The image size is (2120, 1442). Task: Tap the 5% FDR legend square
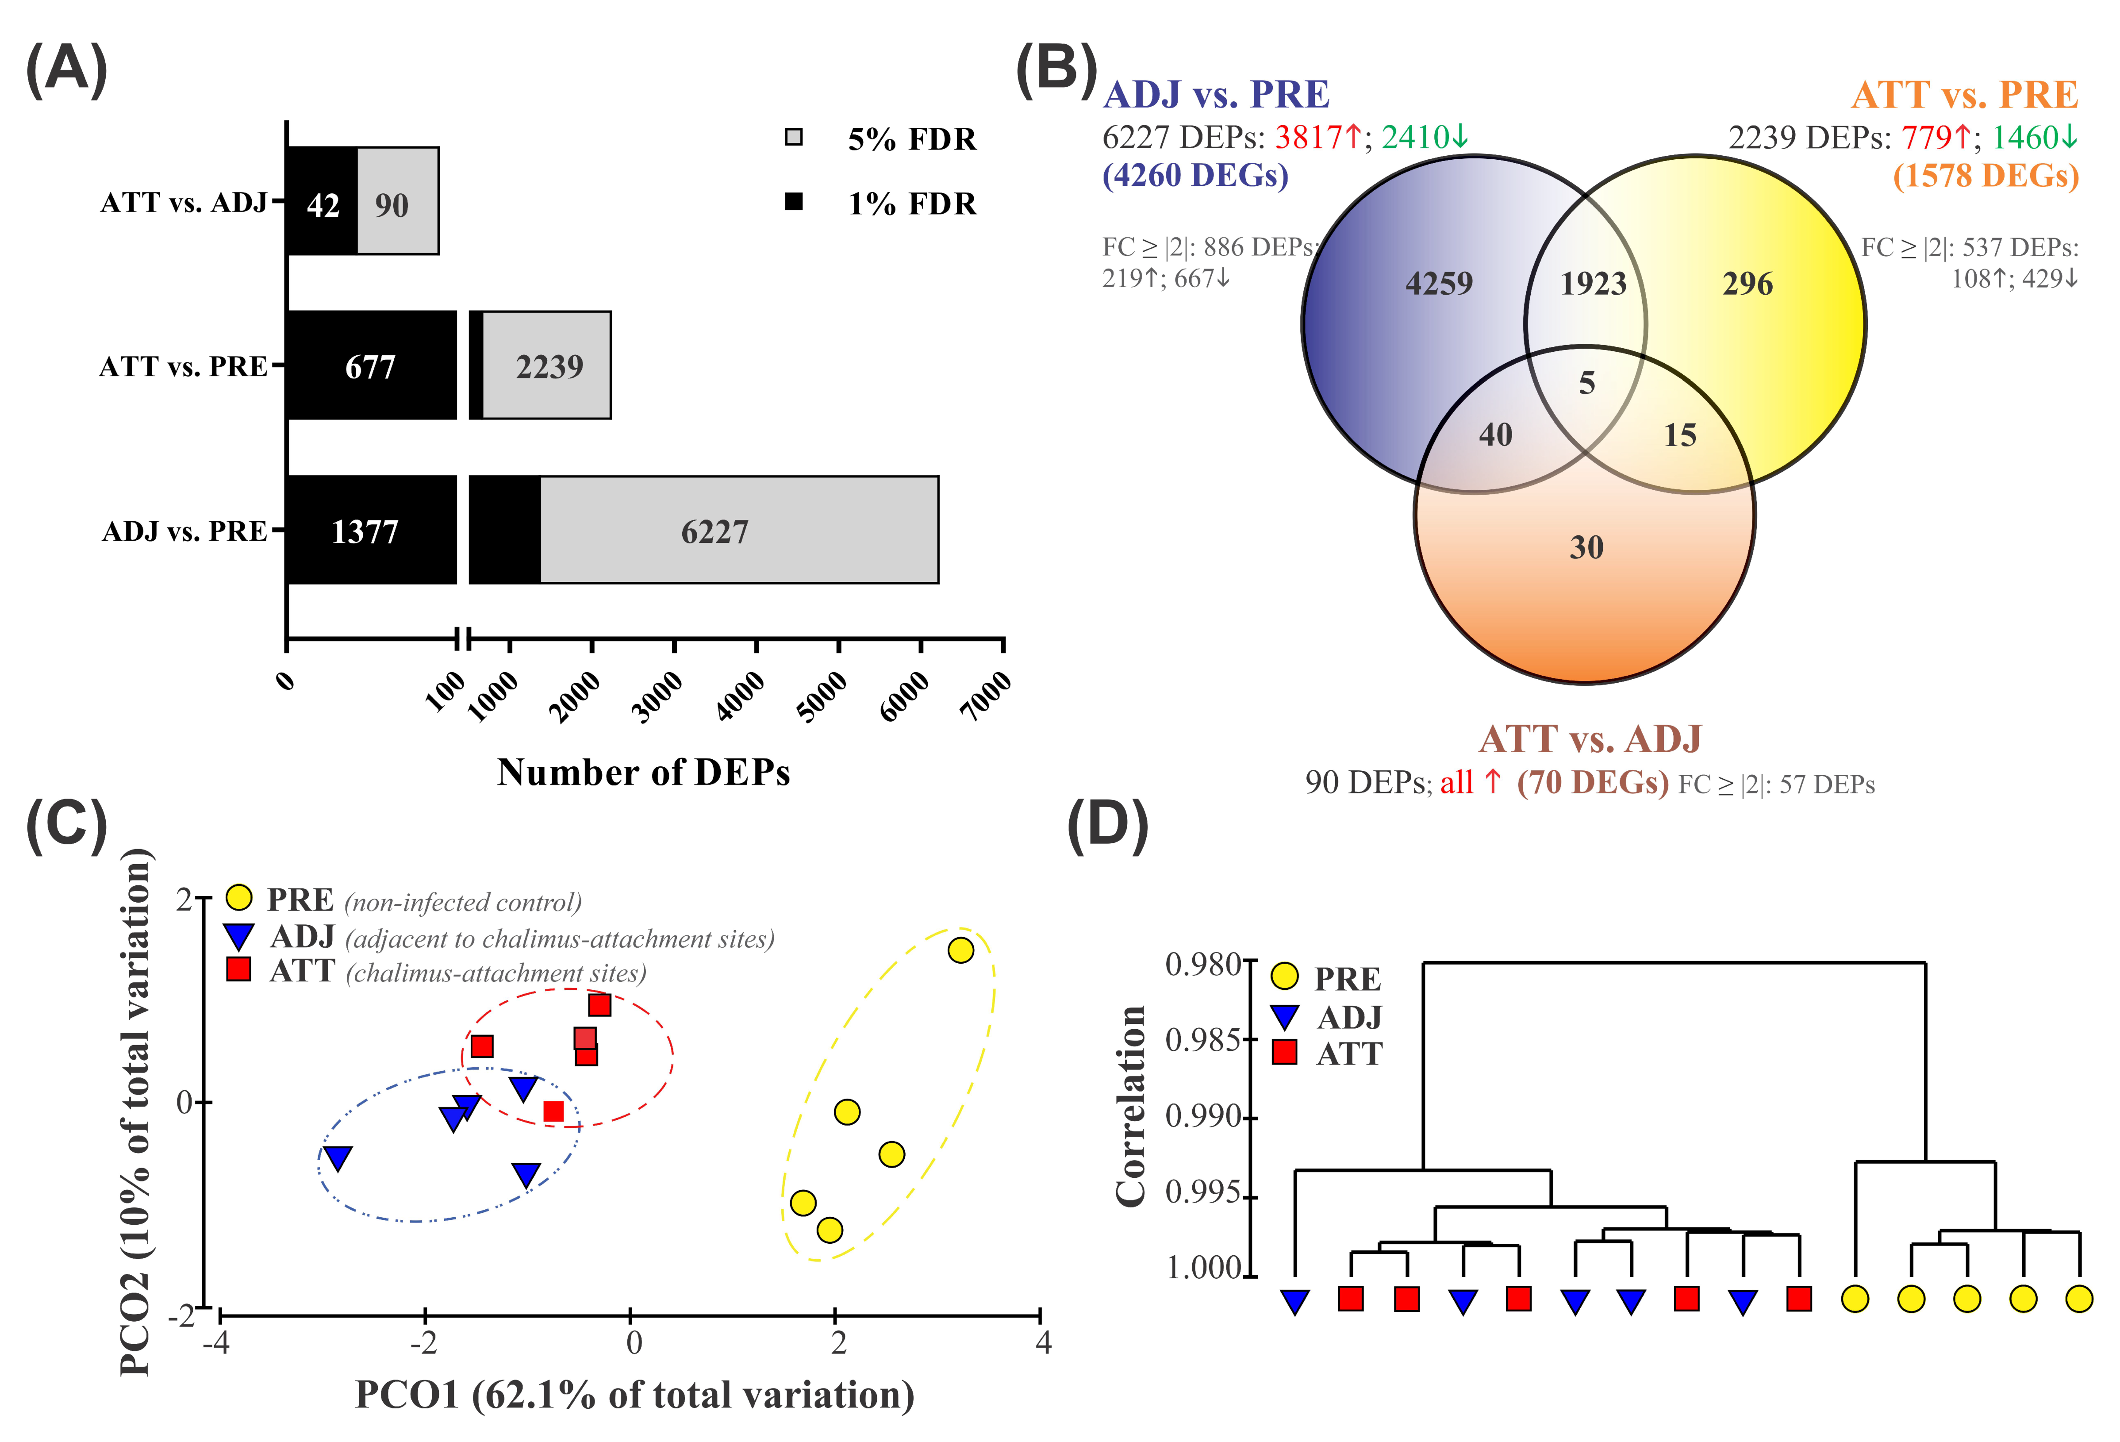pos(794,138)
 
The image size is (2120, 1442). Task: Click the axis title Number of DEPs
pos(643,773)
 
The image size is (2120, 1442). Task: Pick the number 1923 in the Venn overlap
pos(1593,284)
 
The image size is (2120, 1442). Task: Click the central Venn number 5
pos(1587,383)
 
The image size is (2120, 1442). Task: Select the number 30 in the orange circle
pos(1586,547)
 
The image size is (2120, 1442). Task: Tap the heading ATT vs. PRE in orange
pos(1964,95)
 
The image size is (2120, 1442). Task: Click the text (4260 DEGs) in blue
pos(1195,175)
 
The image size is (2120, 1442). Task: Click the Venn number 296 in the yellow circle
pos(1747,284)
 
